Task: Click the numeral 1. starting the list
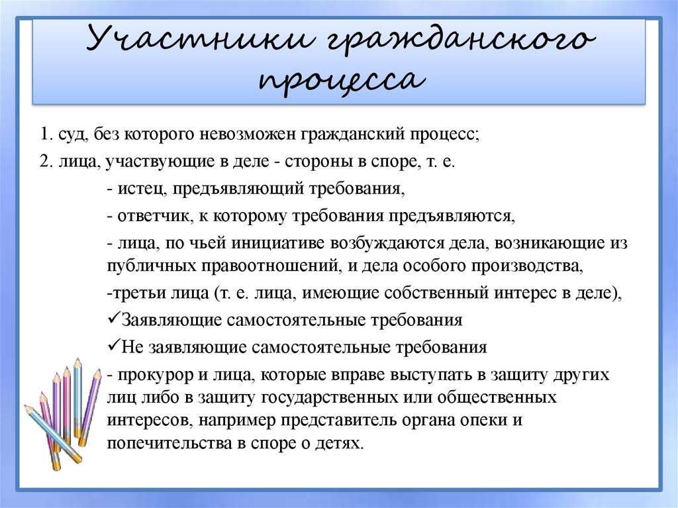(x=45, y=134)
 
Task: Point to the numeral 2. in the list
(x=45, y=162)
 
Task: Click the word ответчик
(x=148, y=217)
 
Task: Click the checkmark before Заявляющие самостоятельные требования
(x=111, y=319)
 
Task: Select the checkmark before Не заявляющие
(x=111, y=346)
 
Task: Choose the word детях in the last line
(x=342, y=443)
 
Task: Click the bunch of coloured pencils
(x=63, y=411)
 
